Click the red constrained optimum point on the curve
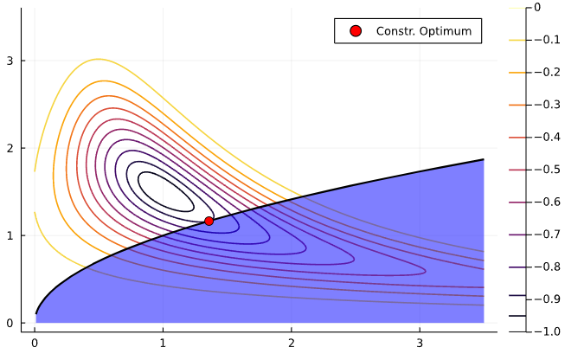209,221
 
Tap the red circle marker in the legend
355,31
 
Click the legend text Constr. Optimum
423,31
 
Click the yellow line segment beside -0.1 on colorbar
517,40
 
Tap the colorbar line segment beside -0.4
517,137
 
